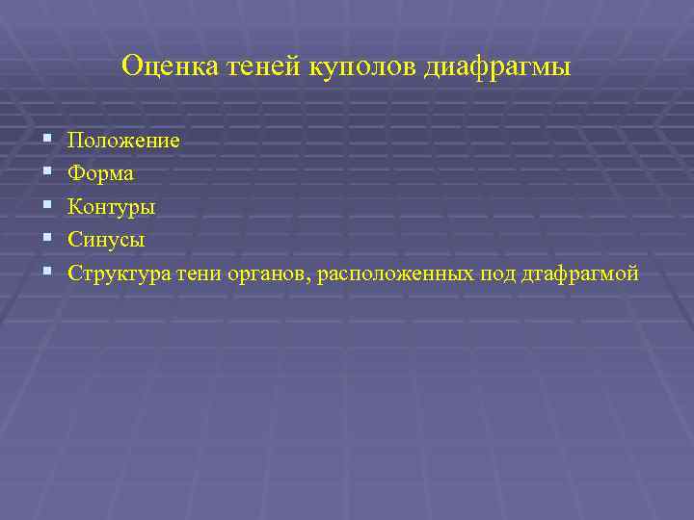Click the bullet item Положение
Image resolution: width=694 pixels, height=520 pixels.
(x=123, y=141)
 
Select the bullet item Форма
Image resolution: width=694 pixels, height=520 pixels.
(x=101, y=174)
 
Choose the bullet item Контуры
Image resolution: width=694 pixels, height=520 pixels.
(x=112, y=207)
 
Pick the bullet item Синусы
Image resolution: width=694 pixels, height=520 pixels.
(x=106, y=240)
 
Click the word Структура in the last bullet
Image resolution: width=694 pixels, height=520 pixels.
(x=120, y=273)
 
